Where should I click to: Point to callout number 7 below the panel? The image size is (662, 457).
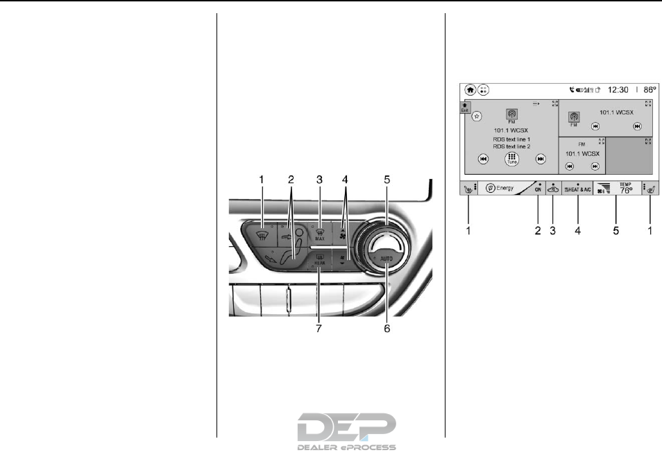[x=319, y=328]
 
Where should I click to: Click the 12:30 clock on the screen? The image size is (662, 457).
[x=619, y=89]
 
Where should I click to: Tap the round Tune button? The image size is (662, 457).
[x=511, y=159]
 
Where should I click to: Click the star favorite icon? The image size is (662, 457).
[x=477, y=117]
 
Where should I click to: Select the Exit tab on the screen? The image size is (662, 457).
[x=466, y=107]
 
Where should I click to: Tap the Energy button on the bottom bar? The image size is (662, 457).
[x=502, y=188]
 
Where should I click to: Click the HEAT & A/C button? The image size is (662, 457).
[x=577, y=189]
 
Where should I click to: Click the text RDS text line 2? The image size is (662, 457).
[x=511, y=146]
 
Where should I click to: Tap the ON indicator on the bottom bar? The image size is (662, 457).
[x=537, y=189]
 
